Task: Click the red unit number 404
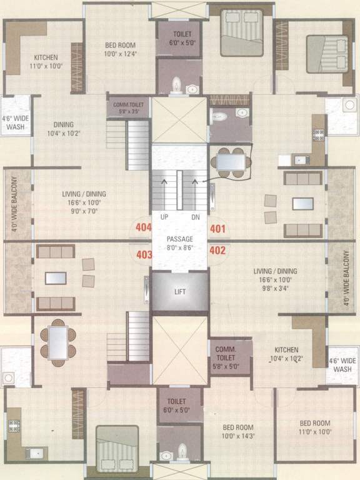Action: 143,227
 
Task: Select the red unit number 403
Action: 144,254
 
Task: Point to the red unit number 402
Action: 217,251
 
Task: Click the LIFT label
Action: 180,292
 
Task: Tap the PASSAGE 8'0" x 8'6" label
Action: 179,243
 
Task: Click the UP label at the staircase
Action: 166,217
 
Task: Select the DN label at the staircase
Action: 195,217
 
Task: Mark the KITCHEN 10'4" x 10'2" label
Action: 285,354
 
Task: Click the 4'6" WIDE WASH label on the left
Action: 16,122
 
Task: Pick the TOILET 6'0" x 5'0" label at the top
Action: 179,37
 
